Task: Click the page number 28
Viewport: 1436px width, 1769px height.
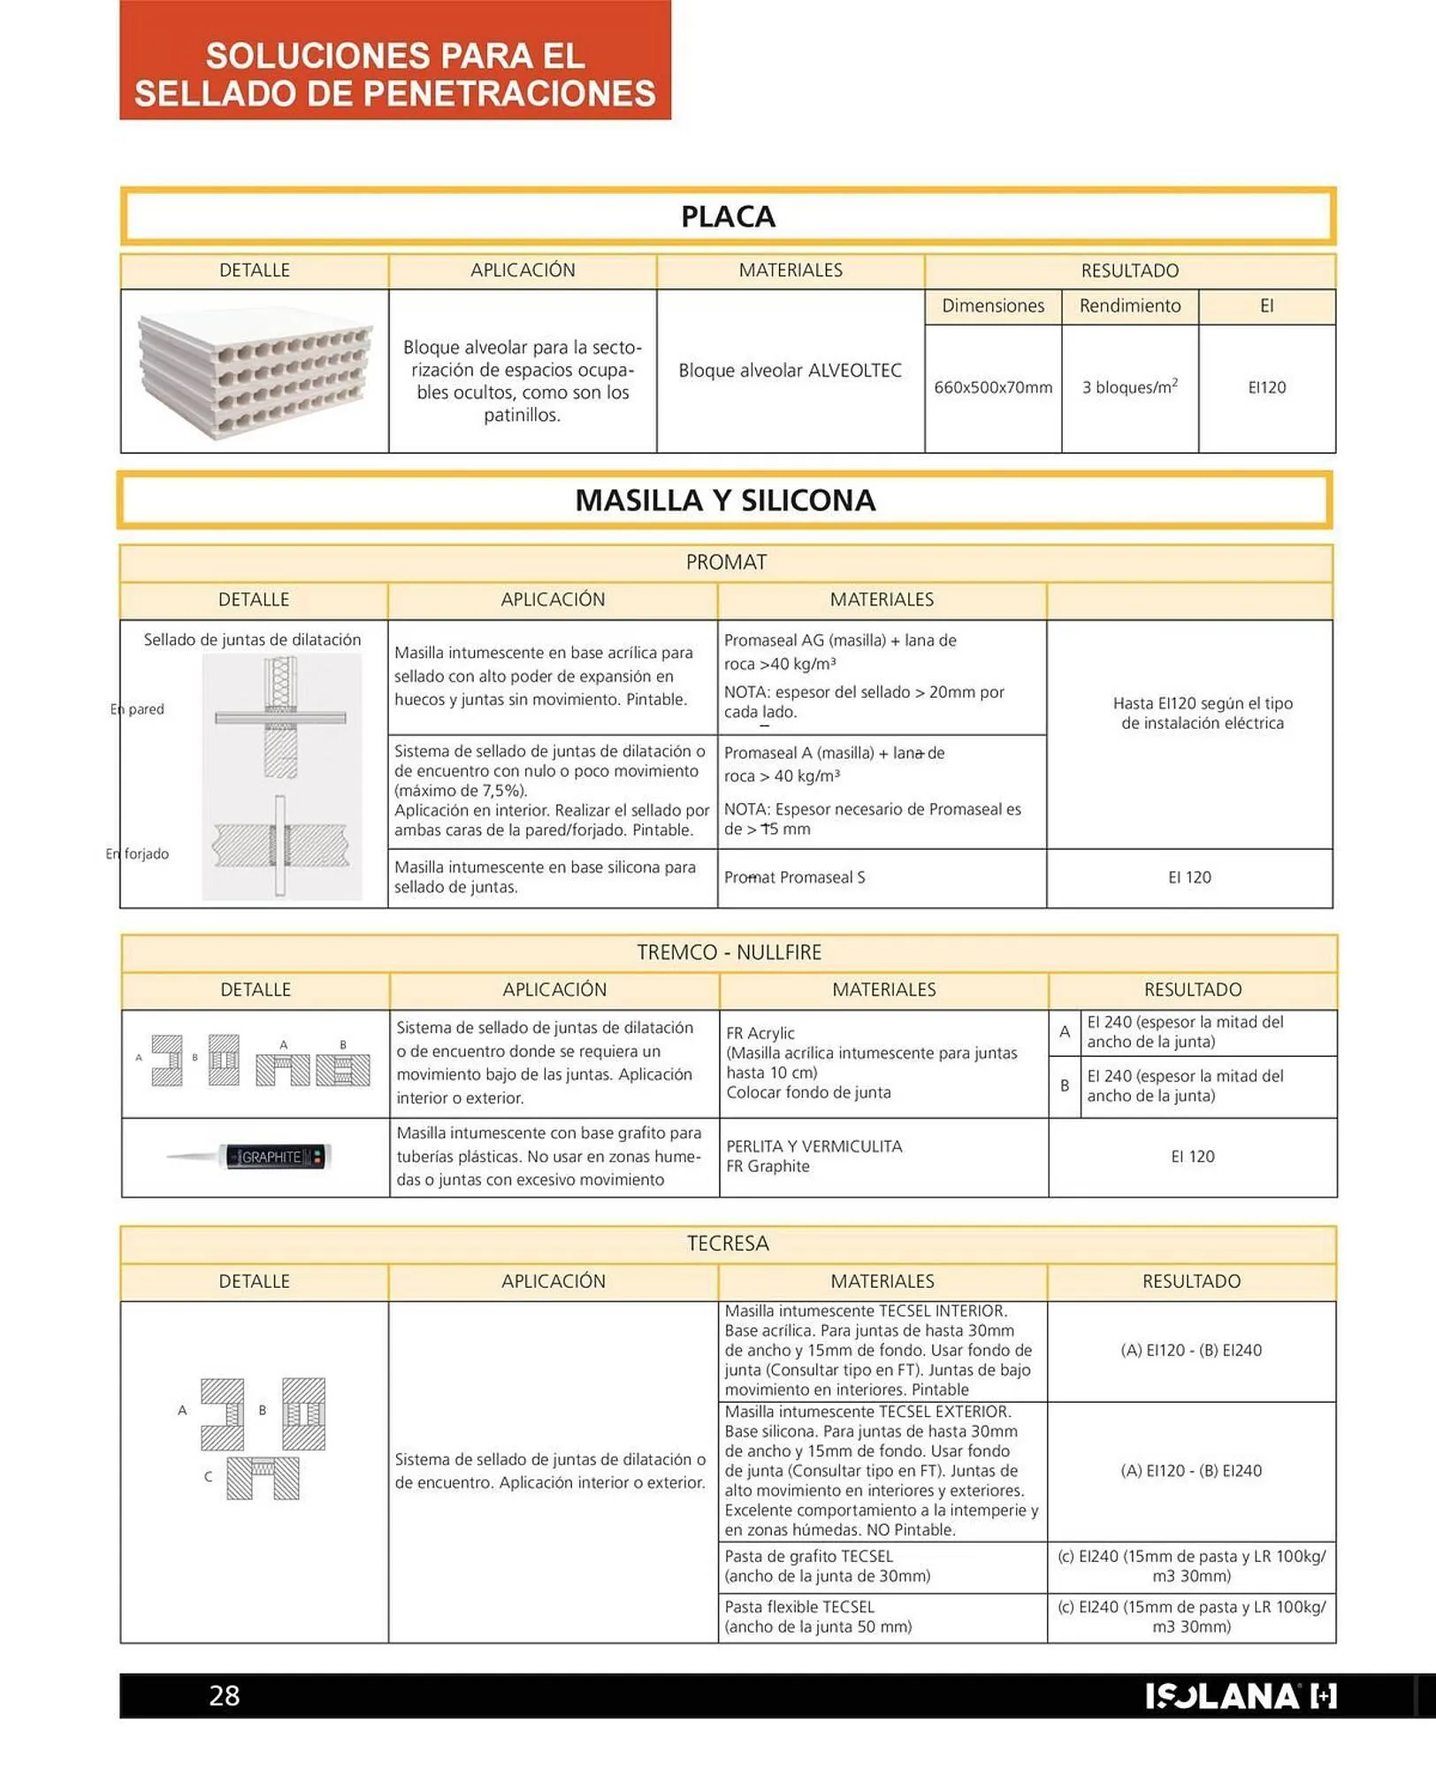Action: (224, 1695)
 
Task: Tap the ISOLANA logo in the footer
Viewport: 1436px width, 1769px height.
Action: (1240, 1696)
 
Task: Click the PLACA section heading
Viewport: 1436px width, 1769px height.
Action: (727, 217)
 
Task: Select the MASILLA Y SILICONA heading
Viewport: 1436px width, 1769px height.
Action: (724, 501)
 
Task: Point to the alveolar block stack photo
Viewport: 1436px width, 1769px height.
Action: (255, 371)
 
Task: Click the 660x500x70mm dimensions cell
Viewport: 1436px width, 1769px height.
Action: (992, 387)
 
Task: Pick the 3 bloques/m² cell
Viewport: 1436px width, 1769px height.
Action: (1129, 387)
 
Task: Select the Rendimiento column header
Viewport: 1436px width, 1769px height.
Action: (1129, 306)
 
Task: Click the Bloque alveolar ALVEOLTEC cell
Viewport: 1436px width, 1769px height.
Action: (790, 371)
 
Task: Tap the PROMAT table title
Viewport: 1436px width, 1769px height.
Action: (726, 563)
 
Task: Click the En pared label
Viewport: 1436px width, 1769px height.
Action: (138, 709)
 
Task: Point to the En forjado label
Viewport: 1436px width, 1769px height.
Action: (137, 854)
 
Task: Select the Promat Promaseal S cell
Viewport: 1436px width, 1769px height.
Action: (794, 877)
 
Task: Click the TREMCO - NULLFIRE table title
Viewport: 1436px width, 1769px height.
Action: (729, 953)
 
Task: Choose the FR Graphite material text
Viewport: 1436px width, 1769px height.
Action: (768, 1167)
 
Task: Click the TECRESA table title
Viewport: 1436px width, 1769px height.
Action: (728, 1244)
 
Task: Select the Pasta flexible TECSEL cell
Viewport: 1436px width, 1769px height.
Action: (817, 1617)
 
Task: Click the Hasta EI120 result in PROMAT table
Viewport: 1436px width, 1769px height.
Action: (1202, 713)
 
